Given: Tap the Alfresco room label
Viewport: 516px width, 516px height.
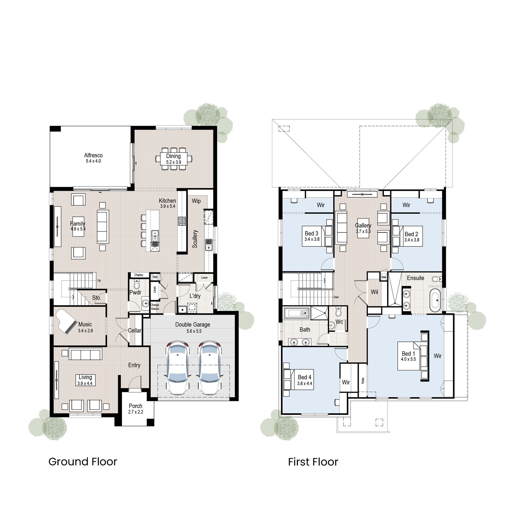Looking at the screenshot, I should click(93, 155).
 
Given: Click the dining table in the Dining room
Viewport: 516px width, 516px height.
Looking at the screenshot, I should click(174, 159).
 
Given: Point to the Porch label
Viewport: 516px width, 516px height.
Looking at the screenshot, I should click(135, 406).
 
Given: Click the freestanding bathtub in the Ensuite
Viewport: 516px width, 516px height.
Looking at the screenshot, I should click(435, 300).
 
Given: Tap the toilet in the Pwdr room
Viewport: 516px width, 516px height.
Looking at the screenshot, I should click(137, 284).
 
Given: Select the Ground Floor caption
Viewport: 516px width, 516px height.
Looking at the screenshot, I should click(83, 462).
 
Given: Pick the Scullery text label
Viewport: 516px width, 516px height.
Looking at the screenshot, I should click(195, 239).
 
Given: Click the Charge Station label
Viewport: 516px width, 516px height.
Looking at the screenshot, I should click(155, 307).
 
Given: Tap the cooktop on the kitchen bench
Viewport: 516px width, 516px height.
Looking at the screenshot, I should click(182, 221).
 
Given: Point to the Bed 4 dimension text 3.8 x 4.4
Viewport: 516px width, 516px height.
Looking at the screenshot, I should click(304, 384).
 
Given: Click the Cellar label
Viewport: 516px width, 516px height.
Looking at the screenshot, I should click(134, 330).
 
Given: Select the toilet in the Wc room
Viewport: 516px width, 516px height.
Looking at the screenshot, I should click(338, 312).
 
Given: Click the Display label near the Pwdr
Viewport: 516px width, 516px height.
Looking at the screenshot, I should click(139, 275).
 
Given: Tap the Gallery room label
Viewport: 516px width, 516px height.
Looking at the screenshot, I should click(363, 225).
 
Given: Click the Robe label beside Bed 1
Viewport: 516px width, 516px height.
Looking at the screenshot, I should click(363, 380).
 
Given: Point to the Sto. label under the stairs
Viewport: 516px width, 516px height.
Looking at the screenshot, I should click(96, 298).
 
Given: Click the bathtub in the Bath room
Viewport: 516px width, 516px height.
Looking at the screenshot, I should click(297, 313).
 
